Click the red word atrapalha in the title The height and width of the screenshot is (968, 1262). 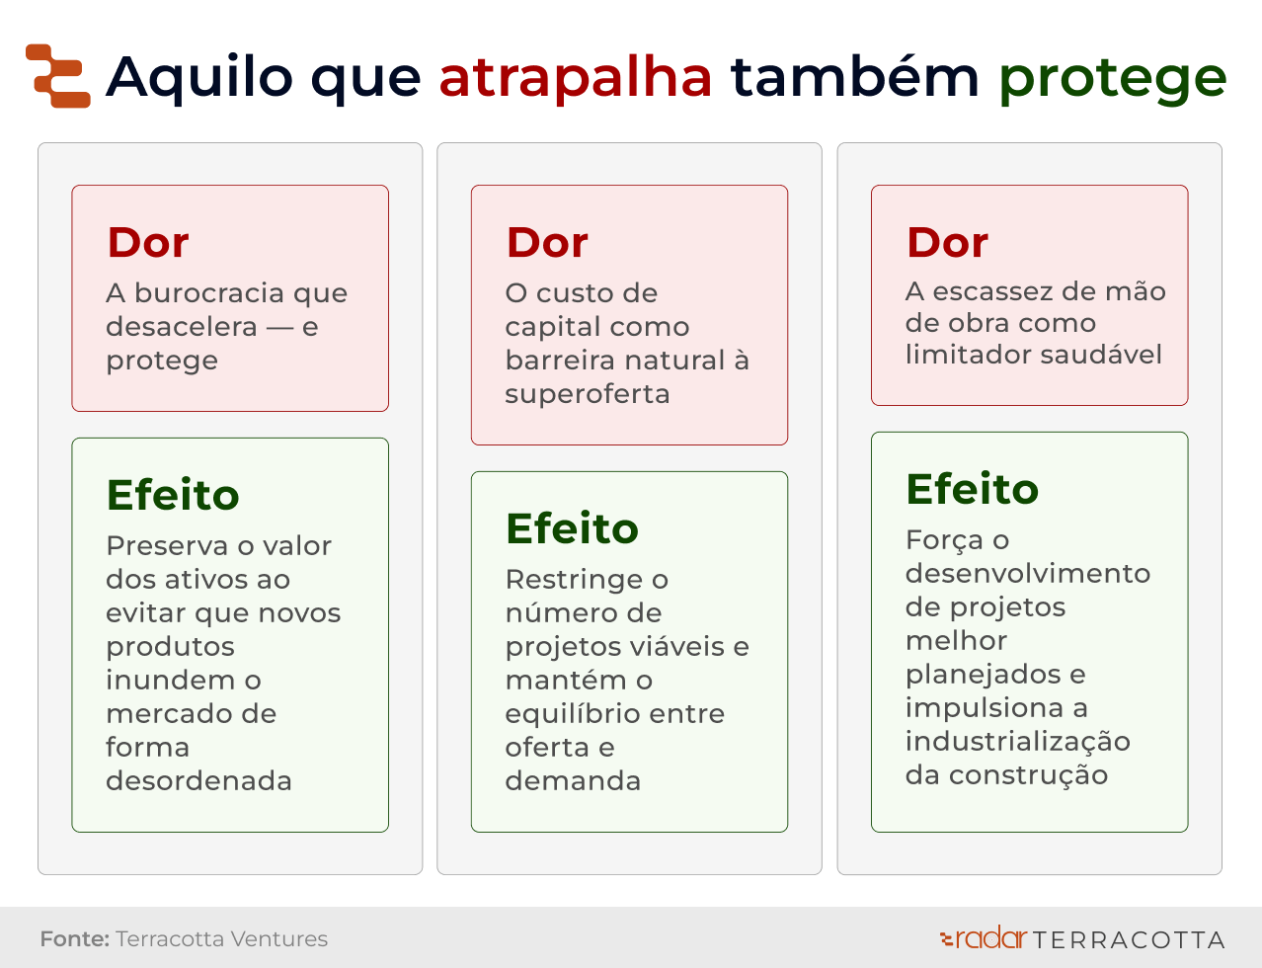575,78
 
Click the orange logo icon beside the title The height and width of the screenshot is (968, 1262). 58,76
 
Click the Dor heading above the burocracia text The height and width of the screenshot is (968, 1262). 148,242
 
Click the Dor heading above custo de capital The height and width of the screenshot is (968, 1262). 547,242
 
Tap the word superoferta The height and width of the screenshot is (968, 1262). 588,394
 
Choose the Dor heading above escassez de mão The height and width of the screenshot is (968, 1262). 947,242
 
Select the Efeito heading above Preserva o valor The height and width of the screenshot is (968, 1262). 173,495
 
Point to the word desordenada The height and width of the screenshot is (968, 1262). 198,780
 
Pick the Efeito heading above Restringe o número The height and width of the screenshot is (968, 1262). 572,528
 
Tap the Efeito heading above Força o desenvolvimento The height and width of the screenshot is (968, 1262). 973,489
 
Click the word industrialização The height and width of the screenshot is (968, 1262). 1017,742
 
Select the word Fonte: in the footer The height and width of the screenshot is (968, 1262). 75,939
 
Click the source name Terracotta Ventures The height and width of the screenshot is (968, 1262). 222,939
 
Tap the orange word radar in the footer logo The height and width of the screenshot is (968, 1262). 990,937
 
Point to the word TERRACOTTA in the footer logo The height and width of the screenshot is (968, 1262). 1129,940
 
